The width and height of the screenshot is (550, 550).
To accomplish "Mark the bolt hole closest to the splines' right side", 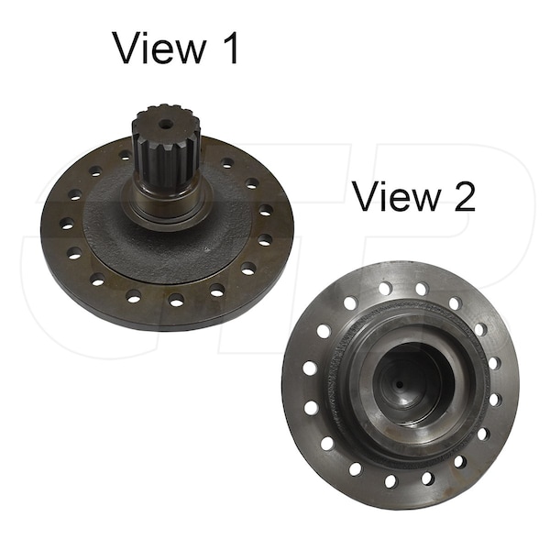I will tap(226, 162).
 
